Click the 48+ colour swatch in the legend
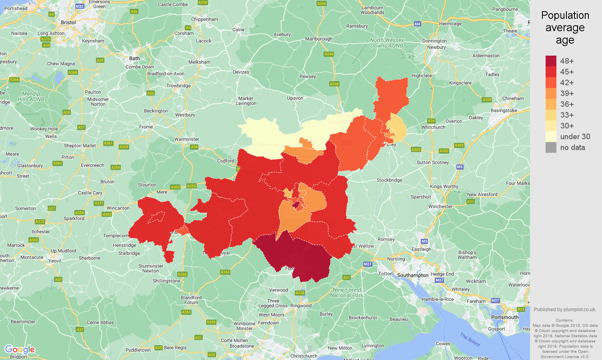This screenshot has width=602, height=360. click(x=551, y=61)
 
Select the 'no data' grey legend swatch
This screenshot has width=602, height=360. click(x=551, y=147)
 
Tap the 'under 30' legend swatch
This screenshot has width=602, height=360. click(x=551, y=136)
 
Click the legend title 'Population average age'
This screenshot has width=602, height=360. click(x=565, y=28)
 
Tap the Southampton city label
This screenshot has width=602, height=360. click(x=412, y=275)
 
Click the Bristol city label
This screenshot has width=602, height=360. click(x=68, y=22)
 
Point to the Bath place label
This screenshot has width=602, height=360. click(x=134, y=58)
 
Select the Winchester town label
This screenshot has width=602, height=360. click(x=440, y=206)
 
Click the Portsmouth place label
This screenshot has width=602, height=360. click(x=504, y=317)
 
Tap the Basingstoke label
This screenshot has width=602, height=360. click(x=504, y=110)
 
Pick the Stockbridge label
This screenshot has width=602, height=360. click(x=389, y=180)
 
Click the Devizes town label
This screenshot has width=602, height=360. click(x=241, y=72)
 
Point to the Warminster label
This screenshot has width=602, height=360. click(x=186, y=139)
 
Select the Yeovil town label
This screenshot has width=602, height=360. click(x=55, y=261)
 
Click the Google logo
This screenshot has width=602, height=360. click(x=20, y=350)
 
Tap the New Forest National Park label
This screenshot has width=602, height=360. click(x=346, y=292)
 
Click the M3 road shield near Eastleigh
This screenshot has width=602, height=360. click(x=424, y=241)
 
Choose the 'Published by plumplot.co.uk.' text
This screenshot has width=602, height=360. click(x=565, y=309)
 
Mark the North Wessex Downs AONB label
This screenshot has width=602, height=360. click(x=386, y=43)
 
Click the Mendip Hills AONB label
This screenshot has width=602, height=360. click(x=31, y=96)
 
